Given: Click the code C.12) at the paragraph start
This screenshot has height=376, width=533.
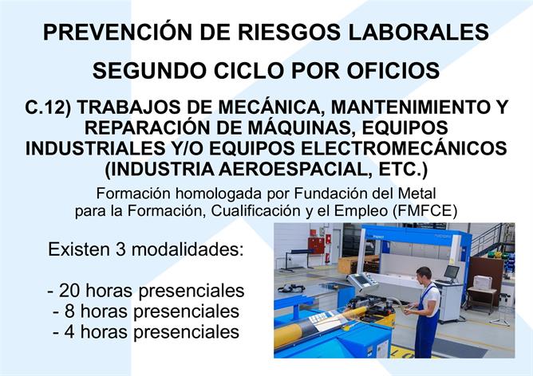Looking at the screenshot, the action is coord(48,108).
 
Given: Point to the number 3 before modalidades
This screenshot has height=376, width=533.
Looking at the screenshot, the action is coord(120,249).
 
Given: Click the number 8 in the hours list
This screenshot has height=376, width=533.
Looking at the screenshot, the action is coord(69,311).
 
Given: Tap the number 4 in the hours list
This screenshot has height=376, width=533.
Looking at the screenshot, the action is coord(69,331).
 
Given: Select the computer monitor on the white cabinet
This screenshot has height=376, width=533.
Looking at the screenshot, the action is coord(452,272).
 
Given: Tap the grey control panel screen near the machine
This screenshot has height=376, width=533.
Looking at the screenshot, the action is coord(361,280).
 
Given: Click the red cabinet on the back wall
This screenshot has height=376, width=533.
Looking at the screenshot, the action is coord(316,245).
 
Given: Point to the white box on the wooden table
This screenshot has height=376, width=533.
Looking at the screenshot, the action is coord(483,283).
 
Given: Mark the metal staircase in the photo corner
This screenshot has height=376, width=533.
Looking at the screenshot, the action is coord(492,238).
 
